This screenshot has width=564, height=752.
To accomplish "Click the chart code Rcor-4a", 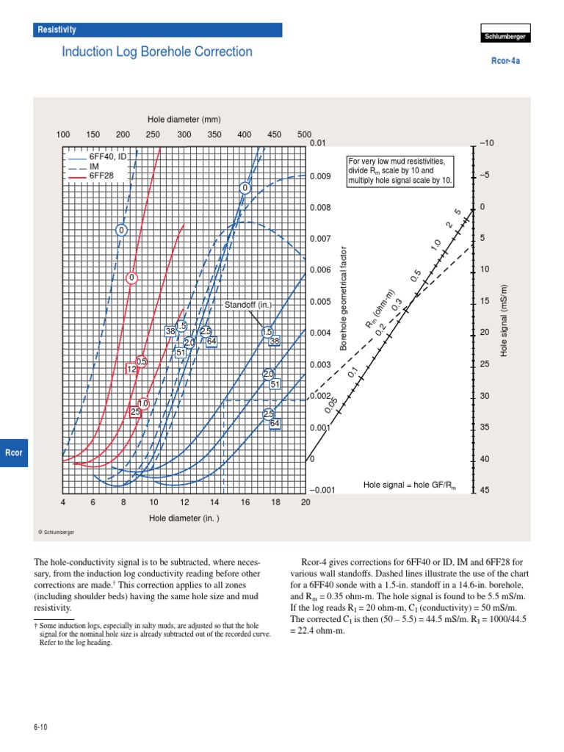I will tap(505, 62).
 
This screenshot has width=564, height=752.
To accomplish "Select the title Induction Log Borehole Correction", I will tap(156, 52).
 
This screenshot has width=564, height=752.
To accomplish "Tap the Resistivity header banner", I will tap(158, 30).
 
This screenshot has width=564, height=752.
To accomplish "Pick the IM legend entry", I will tap(94, 167).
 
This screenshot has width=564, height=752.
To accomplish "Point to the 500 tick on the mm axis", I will tap(304, 134).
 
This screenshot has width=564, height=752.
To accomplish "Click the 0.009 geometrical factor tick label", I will tap(321, 176).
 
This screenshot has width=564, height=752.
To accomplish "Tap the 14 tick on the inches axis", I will tap(214, 502).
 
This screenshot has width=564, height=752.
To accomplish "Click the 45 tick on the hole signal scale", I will tap(484, 491).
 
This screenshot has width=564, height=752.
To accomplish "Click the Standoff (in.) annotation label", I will tap(248, 304).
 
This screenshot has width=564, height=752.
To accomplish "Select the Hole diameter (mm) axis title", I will tap(184, 119).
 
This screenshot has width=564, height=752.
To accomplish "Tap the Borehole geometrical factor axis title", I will tap(342, 299).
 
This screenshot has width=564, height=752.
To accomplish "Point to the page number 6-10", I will tap(40, 727).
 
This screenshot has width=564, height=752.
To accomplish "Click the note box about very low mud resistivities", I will tap(400, 170).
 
